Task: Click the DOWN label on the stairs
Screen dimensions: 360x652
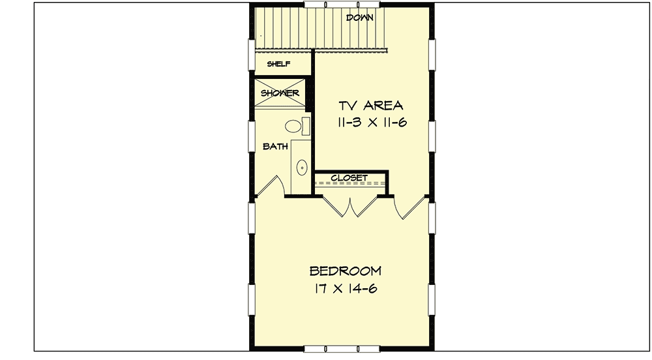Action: (359, 18)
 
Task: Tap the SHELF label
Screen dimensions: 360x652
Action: (278, 64)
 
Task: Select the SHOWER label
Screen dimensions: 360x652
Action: (280, 93)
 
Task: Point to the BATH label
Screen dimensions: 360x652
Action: (275, 147)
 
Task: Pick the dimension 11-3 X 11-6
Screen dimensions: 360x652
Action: (371, 123)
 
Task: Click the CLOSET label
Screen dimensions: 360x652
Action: (349, 177)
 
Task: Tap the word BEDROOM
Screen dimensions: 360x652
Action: (346, 271)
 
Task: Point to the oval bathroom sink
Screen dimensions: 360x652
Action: (302, 168)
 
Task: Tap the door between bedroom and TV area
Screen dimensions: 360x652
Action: (411, 206)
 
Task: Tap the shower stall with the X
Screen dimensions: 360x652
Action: (280, 93)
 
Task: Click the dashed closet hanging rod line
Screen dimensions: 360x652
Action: (349, 185)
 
